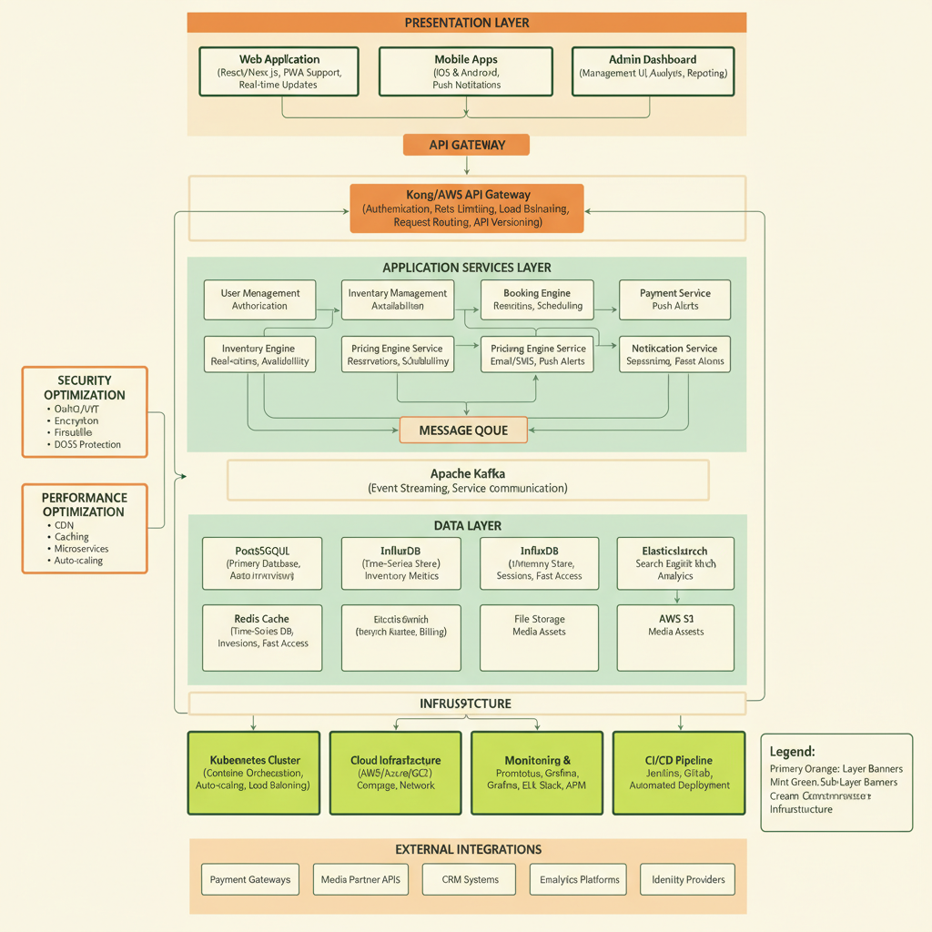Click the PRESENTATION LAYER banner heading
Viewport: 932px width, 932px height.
466,23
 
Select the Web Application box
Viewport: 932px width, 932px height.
279,72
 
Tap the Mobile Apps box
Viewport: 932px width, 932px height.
466,72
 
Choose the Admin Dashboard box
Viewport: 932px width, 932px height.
652,72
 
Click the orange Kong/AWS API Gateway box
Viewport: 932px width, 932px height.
466,208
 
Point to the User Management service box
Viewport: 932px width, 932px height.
259,299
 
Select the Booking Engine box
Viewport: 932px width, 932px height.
537,299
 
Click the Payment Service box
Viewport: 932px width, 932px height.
674,299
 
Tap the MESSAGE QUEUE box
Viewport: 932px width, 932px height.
463,430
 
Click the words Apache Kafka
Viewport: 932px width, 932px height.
467,473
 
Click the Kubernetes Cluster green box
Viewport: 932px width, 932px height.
254,773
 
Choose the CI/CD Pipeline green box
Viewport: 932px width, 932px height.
679,773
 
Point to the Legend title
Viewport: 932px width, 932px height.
792,752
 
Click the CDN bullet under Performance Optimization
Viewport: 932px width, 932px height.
64,525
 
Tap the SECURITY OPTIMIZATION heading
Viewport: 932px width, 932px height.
85,388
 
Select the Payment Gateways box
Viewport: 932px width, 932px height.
250,880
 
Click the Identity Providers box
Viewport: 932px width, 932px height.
688,880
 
